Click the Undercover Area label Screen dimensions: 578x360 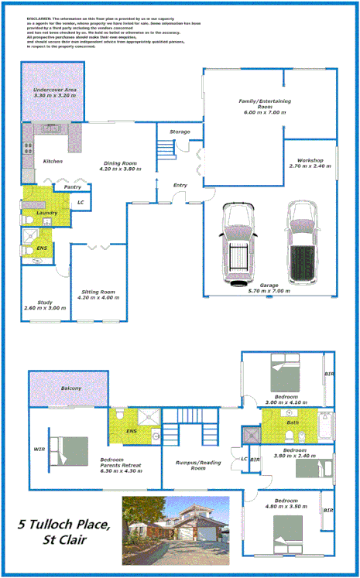54,94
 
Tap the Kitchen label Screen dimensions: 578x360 53,161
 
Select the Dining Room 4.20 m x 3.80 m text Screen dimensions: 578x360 120,166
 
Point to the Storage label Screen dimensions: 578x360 180,132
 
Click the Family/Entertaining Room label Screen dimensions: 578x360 261,107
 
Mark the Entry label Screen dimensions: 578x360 180,185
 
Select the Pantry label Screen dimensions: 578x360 73,186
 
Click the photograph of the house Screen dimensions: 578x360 176,530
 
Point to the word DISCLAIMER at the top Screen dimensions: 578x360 39,16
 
